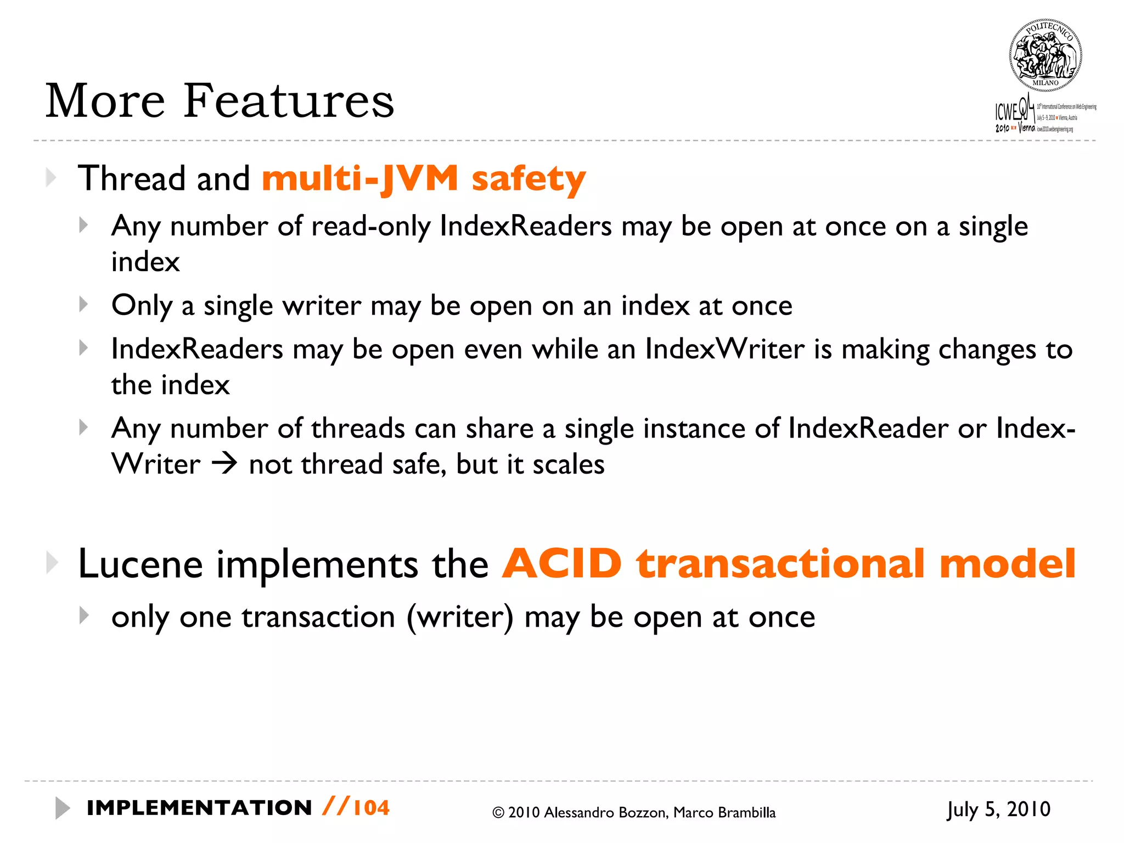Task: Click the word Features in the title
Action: pyautogui.click(x=288, y=101)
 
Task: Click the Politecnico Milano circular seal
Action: pyautogui.click(x=1045, y=55)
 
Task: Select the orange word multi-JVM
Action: pyautogui.click(x=360, y=179)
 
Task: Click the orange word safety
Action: pyautogui.click(x=529, y=179)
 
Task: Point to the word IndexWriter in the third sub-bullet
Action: pyautogui.click(x=724, y=349)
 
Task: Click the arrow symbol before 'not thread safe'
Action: pyautogui.click(x=224, y=464)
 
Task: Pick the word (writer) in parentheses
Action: pyautogui.click(x=460, y=617)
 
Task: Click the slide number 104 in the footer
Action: pyautogui.click(x=372, y=808)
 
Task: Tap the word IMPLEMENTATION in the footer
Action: pyautogui.click(x=199, y=808)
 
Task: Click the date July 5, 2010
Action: pyautogui.click(x=998, y=809)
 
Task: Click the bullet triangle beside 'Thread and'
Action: pyautogui.click(x=51, y=178)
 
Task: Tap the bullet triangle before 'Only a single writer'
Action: pyautogui.click(x=83, y=304)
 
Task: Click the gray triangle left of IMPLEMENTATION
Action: pyautogui.click(x=63, y=808)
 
